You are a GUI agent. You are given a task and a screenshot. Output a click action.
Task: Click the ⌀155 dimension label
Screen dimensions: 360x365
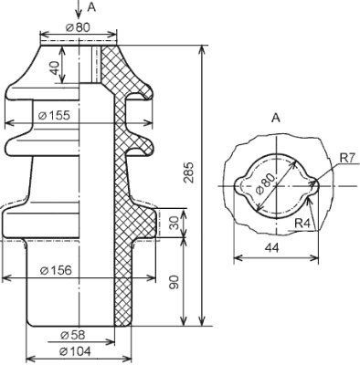pyautogui.click(x=55, y=115)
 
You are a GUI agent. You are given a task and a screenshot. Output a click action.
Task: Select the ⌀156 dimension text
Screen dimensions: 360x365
pyautogui.click(x=57, y=270)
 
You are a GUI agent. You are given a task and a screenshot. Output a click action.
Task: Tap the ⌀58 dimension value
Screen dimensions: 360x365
pyautogui.click(x=73, y=335)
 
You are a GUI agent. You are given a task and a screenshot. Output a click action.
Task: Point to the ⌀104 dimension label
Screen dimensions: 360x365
pyautogui.click(x=76, y=351)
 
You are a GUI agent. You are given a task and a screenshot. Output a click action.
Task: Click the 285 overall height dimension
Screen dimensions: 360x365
pyautogui.click(x=189, y=172)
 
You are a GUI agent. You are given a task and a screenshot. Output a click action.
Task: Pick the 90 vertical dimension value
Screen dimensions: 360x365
pyautogui.click(x=174, y=282)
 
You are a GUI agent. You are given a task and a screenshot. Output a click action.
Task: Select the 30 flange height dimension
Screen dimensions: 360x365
pyautogui.click(x=174, y=223)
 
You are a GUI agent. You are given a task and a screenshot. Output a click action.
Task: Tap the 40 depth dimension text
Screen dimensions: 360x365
pyautogui.click(x=55, y=68)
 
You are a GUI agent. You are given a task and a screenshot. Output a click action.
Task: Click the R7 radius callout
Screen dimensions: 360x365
pyautogui.click(x=348, y=158)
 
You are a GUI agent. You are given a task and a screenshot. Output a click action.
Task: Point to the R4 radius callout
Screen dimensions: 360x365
pyautogui.click(x=302, y=224)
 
